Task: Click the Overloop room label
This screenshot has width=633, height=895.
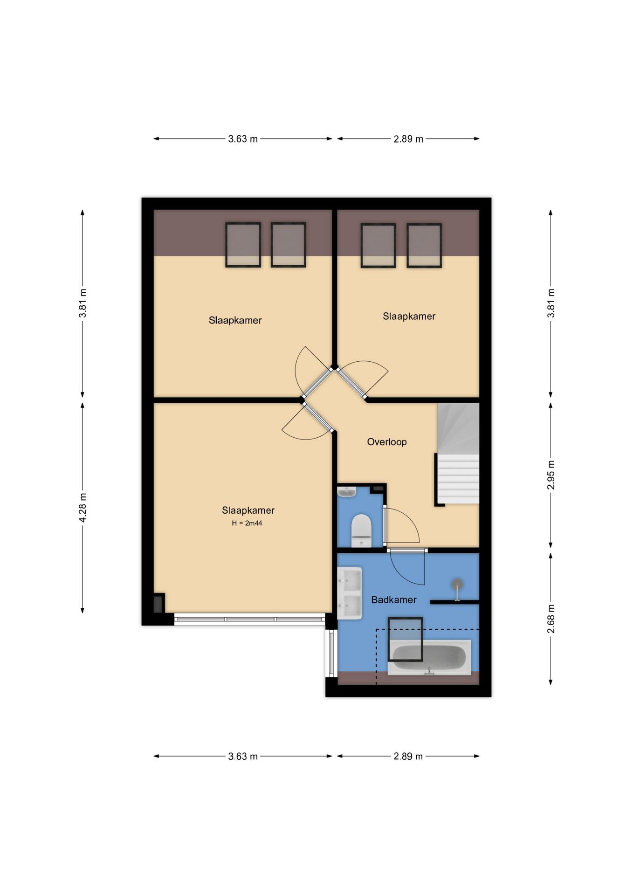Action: coord(386,442)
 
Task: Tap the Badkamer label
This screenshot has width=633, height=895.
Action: coord(393,600)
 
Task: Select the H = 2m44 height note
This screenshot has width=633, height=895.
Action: coord(247,523)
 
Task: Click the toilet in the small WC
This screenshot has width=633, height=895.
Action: coord(361,530)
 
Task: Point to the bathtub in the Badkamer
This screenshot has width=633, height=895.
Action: coord(429,657)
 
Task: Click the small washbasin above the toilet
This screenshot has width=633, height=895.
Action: coord(346,492)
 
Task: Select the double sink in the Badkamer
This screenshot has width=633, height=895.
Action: coord(350,593)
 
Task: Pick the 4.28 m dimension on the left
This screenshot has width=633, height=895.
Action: coord(83,507)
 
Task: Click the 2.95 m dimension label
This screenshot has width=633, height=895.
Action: coord(550,475)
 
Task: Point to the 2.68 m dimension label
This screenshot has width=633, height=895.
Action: coord(550,619)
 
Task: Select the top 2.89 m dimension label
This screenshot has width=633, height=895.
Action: coord(408,139)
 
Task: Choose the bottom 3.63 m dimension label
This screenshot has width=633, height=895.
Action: coord(243,756)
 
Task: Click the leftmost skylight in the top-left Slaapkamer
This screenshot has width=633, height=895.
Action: coord(243,245)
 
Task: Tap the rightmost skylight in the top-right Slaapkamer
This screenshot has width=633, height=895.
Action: coord(424,246)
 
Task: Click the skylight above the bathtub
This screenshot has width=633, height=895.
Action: coord(406,639)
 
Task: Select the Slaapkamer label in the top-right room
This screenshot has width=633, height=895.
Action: coord(409,317)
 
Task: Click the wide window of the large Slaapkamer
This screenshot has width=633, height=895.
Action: coord(249,619)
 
